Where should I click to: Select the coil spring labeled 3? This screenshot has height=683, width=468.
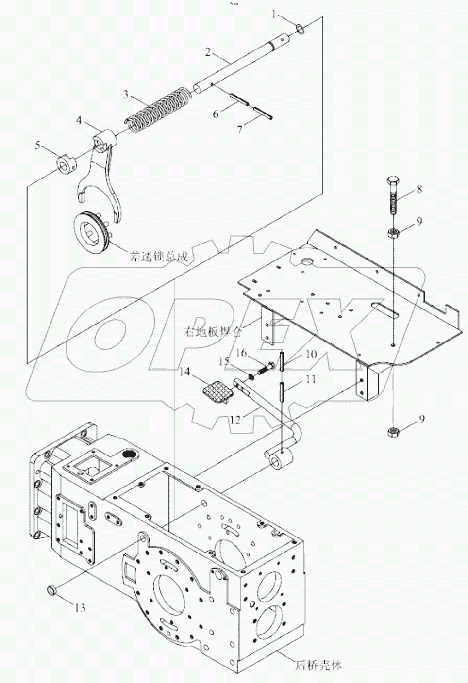click(157, 107)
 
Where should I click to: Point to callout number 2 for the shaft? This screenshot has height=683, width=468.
click(208, 51)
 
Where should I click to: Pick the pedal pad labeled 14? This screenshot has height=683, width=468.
click(214, 391)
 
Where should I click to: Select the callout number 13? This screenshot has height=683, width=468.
click(79, 607)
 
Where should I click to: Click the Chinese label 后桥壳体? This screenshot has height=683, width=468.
click(318, 665)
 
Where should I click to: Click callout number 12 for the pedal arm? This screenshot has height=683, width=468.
click(235, 420)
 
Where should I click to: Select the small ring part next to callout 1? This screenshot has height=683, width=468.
click(300, 30)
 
